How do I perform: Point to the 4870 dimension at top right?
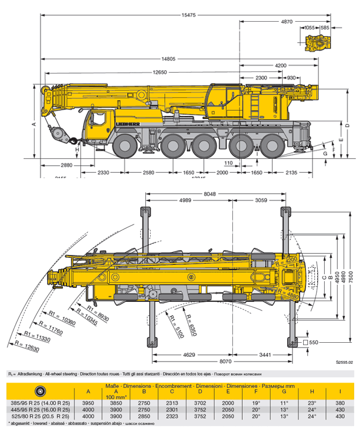point(286,21)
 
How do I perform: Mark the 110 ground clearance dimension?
point(229,163)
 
